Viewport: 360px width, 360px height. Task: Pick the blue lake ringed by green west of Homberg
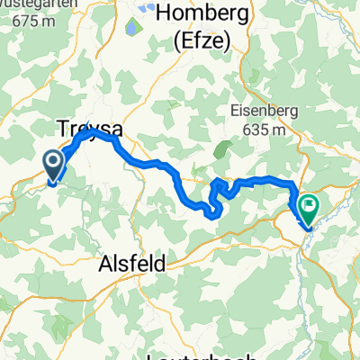133,28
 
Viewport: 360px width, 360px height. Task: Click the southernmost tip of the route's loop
211,215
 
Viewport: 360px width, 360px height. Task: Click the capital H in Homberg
164,14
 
